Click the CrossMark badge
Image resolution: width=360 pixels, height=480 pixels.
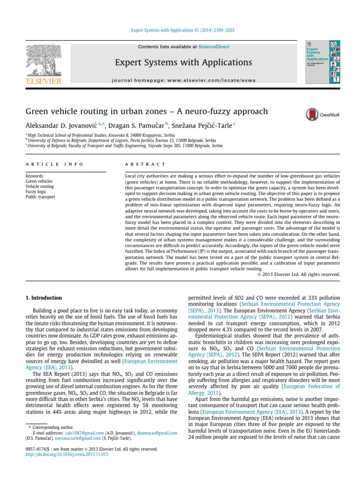click(x=318, y=115)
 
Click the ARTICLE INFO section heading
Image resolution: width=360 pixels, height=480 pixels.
click(x=54, y=164)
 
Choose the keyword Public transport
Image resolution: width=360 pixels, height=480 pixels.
click(x=40, y=197)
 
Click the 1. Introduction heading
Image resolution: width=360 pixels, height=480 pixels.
click(x=43, y=298)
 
